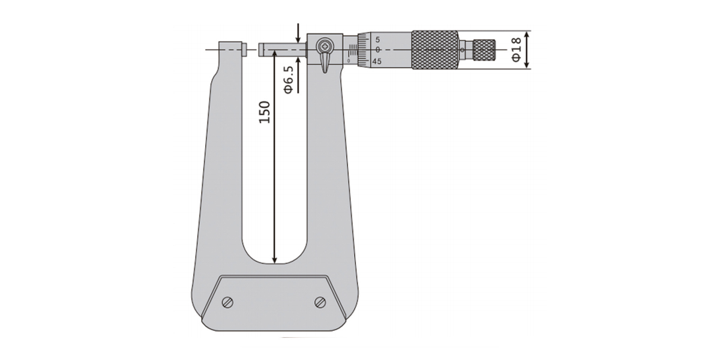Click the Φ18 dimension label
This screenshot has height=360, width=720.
(516, 50)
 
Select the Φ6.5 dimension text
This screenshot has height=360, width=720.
(289, 80)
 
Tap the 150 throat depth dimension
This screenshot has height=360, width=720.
(265, 112)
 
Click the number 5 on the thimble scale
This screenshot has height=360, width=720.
(377, 40)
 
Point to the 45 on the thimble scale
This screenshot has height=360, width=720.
(377, 61)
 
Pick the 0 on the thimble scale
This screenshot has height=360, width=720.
(377, 50)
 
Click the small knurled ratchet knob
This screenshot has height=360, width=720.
(485, 50)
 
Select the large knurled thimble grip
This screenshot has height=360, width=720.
(435, 50)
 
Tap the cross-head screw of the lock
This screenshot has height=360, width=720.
(325, 46)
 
